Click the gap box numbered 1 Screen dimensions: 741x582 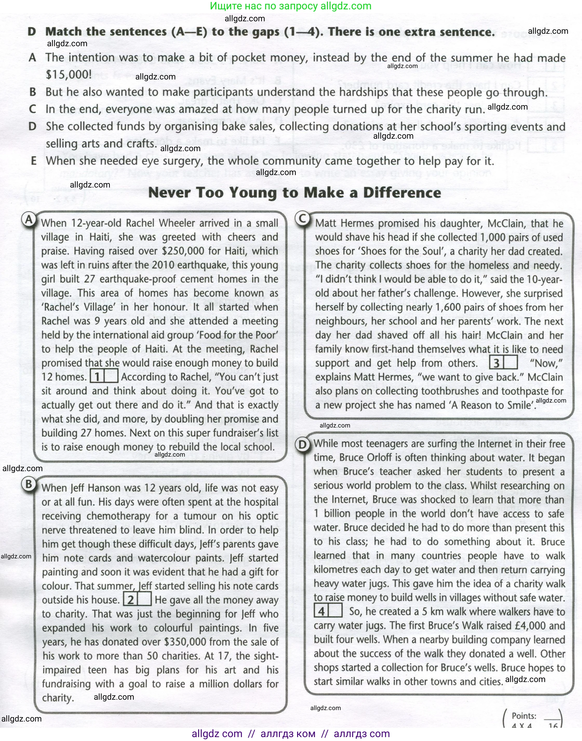click(x=104, y=376)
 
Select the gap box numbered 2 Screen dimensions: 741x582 click(x=137, y=599)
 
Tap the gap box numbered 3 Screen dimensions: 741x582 click(x=503, y=363)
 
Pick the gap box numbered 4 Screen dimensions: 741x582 click(x=328, y=611)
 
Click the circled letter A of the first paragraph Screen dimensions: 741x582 click(x=29, y=219)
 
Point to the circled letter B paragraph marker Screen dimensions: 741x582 click(x=29, y=484)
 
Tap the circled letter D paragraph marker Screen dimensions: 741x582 click(x=303, y=445)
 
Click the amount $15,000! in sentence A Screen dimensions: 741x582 click(x=69, y=74)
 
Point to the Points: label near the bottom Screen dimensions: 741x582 click(x=524, y=716)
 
